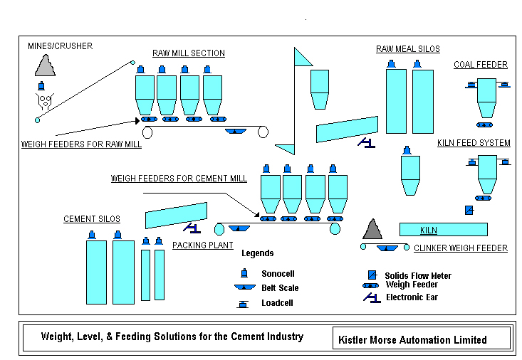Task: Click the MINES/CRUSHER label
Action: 60,46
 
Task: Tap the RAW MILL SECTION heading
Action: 189,53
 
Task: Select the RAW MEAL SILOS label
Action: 408,49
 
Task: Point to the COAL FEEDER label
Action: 481,65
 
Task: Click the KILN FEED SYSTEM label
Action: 474,143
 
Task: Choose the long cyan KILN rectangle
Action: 443,229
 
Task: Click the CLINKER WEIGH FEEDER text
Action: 461,248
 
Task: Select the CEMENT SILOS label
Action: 92,219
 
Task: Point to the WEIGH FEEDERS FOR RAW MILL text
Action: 81,144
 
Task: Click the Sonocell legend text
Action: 279,274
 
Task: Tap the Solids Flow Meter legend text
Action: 418,276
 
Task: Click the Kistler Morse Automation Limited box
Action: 421,339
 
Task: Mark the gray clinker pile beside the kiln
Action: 372,230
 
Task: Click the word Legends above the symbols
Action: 257,253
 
